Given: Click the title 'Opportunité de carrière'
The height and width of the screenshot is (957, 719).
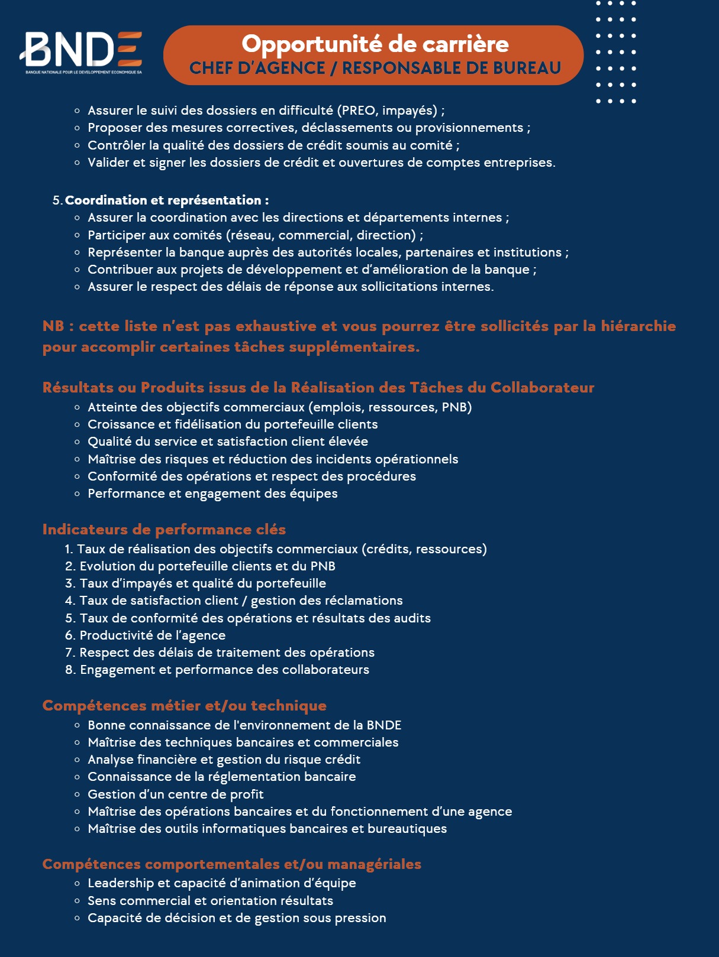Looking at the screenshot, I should [x=375, y=44].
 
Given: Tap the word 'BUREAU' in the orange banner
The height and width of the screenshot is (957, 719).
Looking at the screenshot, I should [x=527, y=68].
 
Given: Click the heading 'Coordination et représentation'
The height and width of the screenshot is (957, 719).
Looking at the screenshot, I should [x=166, y=200].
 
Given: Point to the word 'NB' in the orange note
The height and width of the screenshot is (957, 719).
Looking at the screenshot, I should [x=53, y=326].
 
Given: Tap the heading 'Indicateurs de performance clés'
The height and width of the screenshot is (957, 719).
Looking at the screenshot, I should [x=164, y=529].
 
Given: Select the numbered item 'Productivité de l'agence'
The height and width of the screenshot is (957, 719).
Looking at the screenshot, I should [x=153, y=635].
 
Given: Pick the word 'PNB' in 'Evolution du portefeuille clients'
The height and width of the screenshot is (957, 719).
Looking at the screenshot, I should [x=323, y=566].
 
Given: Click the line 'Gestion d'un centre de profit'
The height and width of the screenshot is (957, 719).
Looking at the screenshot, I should [x=176, y=794].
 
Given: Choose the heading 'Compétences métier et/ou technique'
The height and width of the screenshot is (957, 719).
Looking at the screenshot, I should [x=184, y=705].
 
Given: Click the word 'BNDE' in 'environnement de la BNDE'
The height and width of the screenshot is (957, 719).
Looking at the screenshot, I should [x=383, y=725].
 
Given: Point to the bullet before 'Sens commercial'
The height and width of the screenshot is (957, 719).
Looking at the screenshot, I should [x=77, y=901].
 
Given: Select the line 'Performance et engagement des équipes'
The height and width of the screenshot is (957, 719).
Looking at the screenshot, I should [x=212, y=494].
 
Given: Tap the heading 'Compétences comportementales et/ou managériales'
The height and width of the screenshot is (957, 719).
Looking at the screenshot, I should [x=231, y=864].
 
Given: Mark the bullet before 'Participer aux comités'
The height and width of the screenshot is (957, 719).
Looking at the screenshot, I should [x=77, y=235].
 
